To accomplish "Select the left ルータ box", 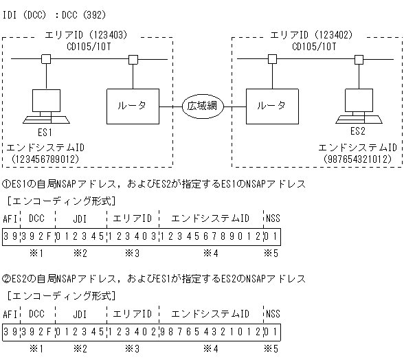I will click(x=133, y=105).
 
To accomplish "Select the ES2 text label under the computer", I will click(x=358, y=131).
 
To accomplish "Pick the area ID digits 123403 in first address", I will click(x=132, y=237).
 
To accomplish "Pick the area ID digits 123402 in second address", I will click(x=132, y=332).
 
